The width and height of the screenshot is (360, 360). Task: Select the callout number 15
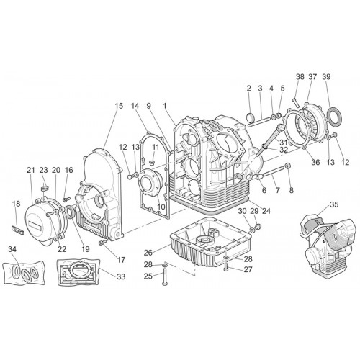coord(119,106)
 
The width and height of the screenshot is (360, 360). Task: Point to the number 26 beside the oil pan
coord(148,253)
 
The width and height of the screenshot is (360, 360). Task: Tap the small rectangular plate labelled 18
coord(18,230)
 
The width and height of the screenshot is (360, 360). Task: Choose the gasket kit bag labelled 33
coord(79,272)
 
